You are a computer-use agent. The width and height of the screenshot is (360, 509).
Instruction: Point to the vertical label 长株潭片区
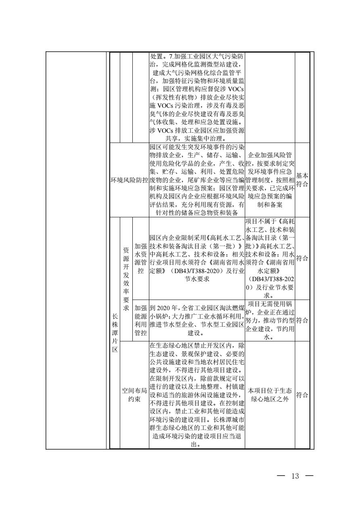pos(115,332)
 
